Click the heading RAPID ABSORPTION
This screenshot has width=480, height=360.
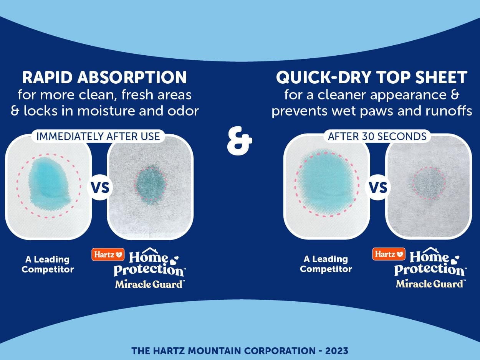(104, 77)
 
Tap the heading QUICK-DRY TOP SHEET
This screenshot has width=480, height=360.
(372, 77)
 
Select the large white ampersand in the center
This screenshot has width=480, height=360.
(240, 141)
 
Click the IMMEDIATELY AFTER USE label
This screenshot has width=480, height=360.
(98, 136)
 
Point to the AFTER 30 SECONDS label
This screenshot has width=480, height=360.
(377, 136)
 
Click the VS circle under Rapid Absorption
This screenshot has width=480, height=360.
(100, 188)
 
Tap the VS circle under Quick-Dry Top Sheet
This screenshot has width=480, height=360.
(378, 188)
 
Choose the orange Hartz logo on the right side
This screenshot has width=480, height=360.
(389, 254)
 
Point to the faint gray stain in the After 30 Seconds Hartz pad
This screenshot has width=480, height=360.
(429, 183)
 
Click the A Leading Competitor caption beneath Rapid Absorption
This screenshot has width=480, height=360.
(48, 264)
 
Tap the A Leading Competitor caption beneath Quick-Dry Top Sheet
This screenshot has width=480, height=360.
(326, 264)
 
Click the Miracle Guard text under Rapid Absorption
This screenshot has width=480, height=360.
(149, 284)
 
